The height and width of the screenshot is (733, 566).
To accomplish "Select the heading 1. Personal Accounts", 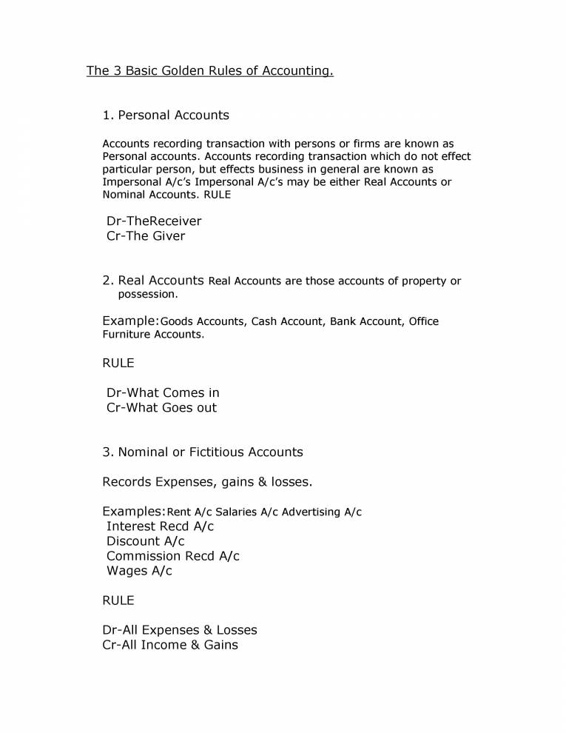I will pyautogui.click(x=166, y=115).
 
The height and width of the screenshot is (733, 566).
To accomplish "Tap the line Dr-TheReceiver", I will pyautogui.click(x=154, y=221).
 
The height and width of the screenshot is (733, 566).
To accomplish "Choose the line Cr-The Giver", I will pyautogui.click(x=146, y=236).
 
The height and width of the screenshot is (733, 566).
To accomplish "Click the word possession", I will pyautogui.click(x=147, y=294).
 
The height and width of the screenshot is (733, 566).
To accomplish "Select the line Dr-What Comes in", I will pyautogui.click(x=163, y=392).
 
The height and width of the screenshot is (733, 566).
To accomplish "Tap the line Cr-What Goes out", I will pyautogui.click(x=161, y=407).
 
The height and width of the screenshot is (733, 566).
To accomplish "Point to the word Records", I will pyautogui.click(x=127, y=482).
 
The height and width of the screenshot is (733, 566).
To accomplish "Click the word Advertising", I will pyautogui.click(x=311, y=512).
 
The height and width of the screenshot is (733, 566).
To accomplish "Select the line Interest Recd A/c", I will pyautogui.click(x=160, y=526).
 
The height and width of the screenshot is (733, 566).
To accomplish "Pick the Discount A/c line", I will pyautogui.click(x=145, y=541).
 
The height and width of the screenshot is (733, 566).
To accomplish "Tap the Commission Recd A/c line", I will pyautogui.click(x=173, y=556).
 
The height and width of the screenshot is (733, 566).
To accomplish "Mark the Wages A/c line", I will pyautogui.click(x=139, y=571).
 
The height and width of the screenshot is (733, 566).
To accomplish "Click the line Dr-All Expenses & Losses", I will pyautogui.click(x=180, y=630).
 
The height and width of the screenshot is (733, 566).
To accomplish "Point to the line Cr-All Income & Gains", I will pyautogui.click(x=170, y=645).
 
